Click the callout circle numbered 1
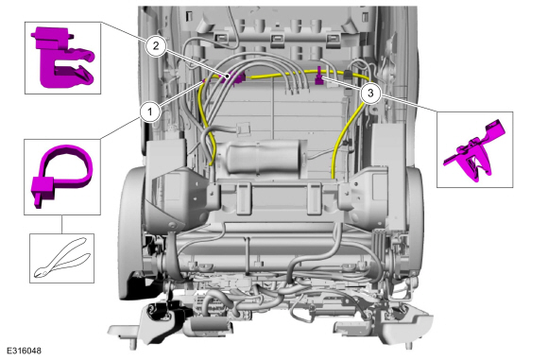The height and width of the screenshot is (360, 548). pyautogui.click(x=150, y=112)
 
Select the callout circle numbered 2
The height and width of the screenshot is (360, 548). pyautogui.click(x=156, y=45)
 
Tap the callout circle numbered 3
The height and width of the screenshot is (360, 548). pyautogui.click(x=370, y=93)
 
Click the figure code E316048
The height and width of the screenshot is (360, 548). pyautogui.click(x=24, y=351)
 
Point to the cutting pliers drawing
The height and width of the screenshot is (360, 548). pyautogui.click(x=62, y=258)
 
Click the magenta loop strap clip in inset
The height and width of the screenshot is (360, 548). pyautogui.click(x=61, y=175)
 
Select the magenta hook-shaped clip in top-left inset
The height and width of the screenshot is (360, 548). pyautogui.click(x=63, y=58)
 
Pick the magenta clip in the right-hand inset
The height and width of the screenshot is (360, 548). pyautogui.click(x=475, y=150)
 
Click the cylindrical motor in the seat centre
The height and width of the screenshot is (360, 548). pyautogui.click(x=263, y=157)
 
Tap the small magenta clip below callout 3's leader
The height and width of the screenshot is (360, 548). pyautogui.click(x=319, y=76)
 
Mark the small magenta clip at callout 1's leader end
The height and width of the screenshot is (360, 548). pyautogui.click(x=203, y=81)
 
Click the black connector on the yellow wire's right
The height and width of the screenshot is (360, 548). pyautogui.click(x=348, y=75)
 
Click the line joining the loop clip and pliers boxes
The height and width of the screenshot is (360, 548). pyautogui.click(x=61, y=224)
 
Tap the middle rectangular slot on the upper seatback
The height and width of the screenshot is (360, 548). pyautogui.click(x=277, y=38)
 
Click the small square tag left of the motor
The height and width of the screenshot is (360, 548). pyautogui.click(x=244, y=128)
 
